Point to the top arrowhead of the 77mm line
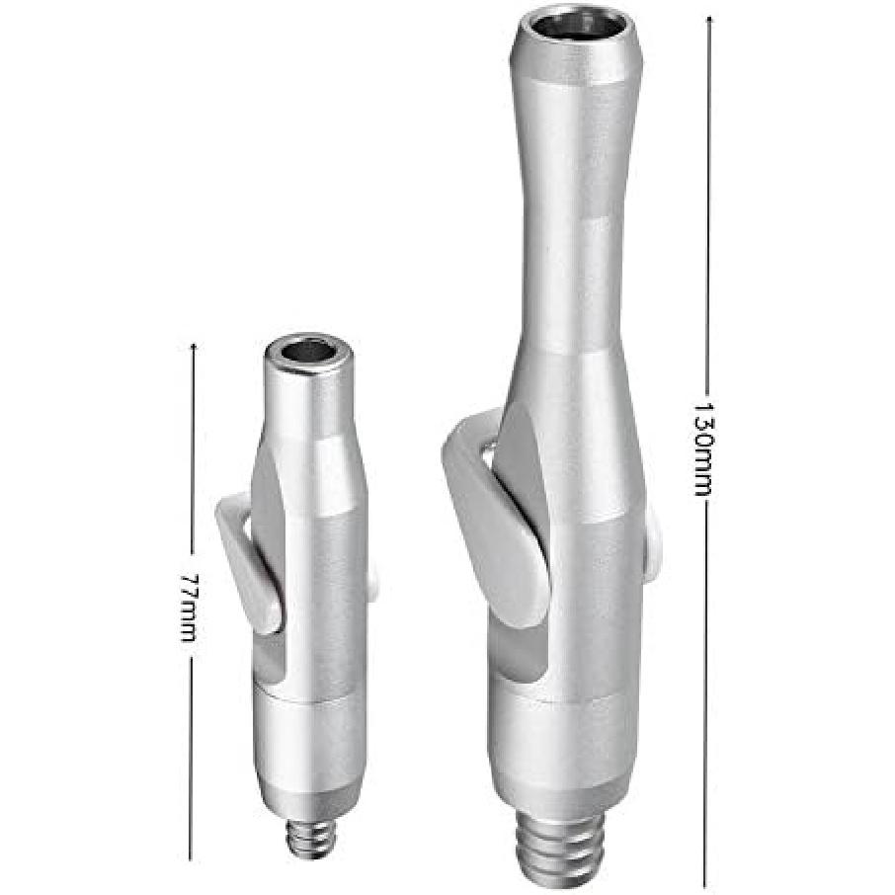(193, 346)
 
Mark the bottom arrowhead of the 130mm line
(703, 882)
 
